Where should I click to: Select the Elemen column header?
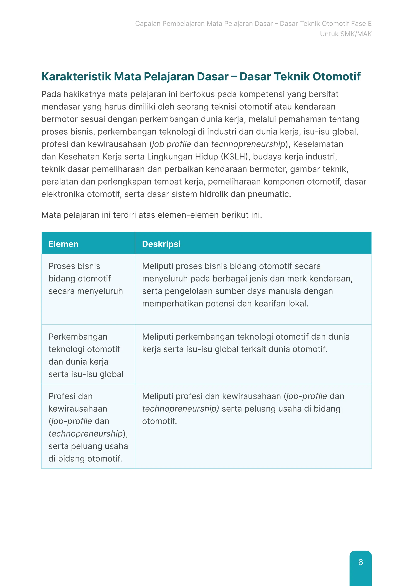coord(63,244)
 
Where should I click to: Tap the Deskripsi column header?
coord(161,244)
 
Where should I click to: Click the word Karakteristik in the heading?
coord(76,76)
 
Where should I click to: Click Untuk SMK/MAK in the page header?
coord(346,34)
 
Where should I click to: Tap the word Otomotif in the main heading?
coord(337,76)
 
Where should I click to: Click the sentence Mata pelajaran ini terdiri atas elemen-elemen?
coord(151,215)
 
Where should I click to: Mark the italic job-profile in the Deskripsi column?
coord(307,396)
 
